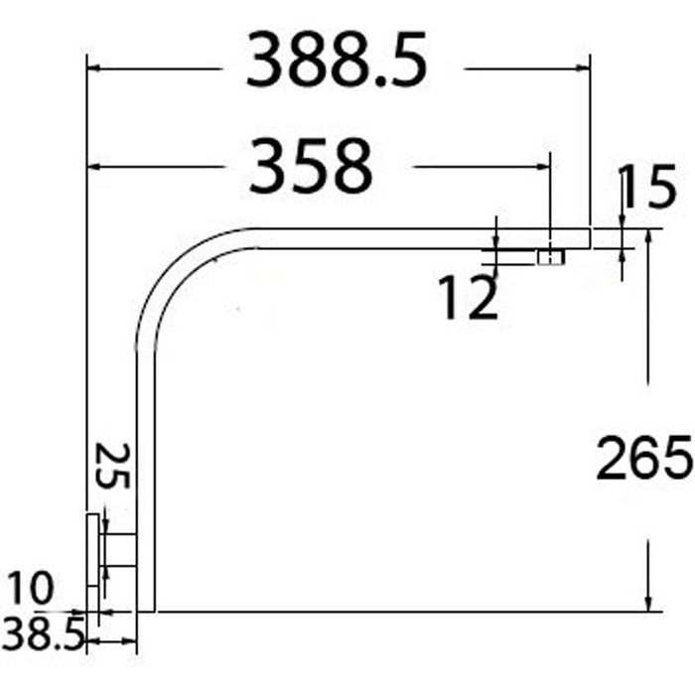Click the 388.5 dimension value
[337, 60]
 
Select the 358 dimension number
[311, 166]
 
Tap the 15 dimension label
[648, 187]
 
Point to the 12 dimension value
[469, 297]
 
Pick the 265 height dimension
[644, 458]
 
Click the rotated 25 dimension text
[112, 466]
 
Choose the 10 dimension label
[30, 588]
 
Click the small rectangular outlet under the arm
[551, 257]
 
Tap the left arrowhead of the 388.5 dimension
[93, 69]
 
